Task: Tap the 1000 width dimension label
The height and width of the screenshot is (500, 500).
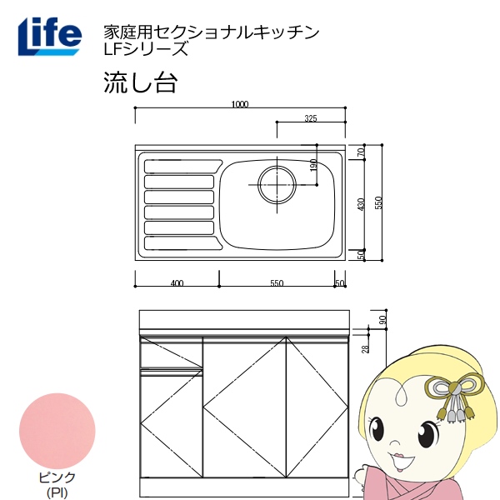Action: [x=240, y=104]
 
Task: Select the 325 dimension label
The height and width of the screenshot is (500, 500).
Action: [x=310, y=118]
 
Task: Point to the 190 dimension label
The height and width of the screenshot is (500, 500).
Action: [x=313, y=165]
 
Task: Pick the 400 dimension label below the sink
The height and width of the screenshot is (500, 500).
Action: [x=177, y=283]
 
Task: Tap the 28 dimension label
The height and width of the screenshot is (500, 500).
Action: [x=365, y=348]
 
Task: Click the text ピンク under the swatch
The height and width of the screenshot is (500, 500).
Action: [x=58, y=477]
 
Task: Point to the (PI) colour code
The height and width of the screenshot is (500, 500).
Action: [x=58, y=491]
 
